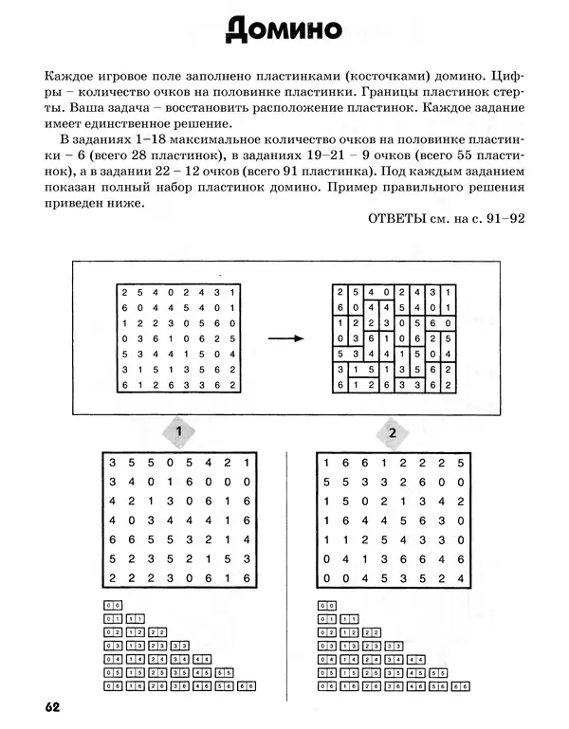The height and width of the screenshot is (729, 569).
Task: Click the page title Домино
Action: [x=284, y=31]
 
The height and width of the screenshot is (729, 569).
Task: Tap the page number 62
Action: [x=51, y=706]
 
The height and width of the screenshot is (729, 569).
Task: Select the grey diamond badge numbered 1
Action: [x=178, y=433]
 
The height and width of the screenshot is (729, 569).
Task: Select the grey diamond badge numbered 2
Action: [x=391, y=433]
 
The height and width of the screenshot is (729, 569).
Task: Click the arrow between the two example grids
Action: [x=284, y=338]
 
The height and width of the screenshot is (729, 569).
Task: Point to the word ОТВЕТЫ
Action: [x=396, y=217]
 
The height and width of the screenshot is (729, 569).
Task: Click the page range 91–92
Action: [x=505, y=217]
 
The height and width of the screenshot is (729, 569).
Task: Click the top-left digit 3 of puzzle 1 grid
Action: [x=113, y=463]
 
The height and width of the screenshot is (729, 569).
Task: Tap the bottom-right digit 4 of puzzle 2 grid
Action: [x=460, y=578]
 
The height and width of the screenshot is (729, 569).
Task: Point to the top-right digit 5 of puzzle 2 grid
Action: [x=460, y=463]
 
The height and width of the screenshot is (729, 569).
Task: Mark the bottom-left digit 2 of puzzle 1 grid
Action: [x=113, y=578]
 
